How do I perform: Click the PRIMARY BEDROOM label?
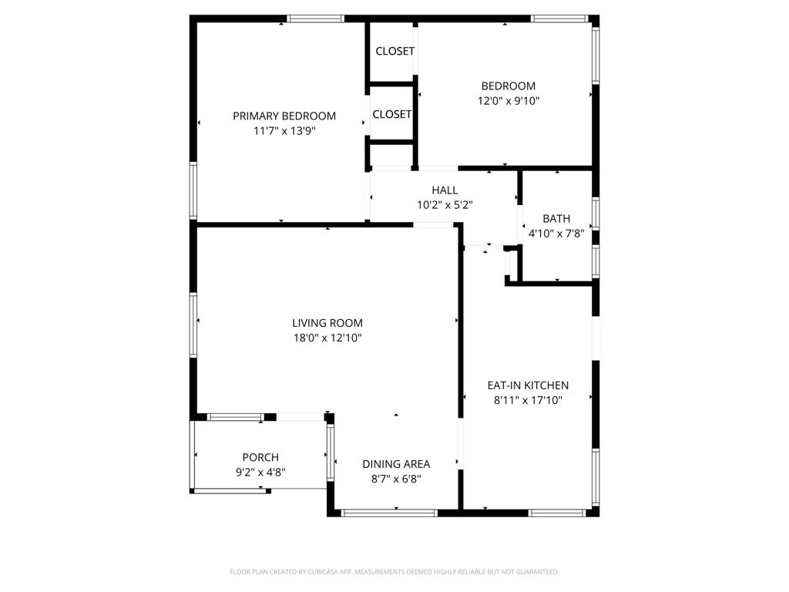tap(284, 116)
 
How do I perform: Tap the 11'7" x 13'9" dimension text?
tap(284, 131)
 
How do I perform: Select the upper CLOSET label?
tap(395, 52)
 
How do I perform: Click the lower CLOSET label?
tap(392, 115)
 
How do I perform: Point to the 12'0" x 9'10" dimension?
tap(509, 101)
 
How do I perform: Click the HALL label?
tap(445, 190)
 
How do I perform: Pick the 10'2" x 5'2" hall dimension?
tap(445, 205)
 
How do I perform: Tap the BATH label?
tap(556, 219)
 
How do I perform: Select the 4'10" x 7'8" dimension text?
tap(556, 234)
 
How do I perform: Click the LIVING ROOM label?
tap(327, 323)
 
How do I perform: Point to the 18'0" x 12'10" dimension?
tap(327, 338)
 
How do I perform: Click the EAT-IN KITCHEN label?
tap(528, 385)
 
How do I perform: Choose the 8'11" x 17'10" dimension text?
tap(528, 401)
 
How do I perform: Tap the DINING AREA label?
tap(396, 464)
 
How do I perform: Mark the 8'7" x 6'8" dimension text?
tap(396, 479)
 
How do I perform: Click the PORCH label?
tap(260, 458)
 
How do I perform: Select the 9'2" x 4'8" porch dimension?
tap(260, 473)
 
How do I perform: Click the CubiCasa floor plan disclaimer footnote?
tap(394, 572)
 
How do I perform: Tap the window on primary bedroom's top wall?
tap(316, 19)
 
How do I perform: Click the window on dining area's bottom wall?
tap(389, 513)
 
